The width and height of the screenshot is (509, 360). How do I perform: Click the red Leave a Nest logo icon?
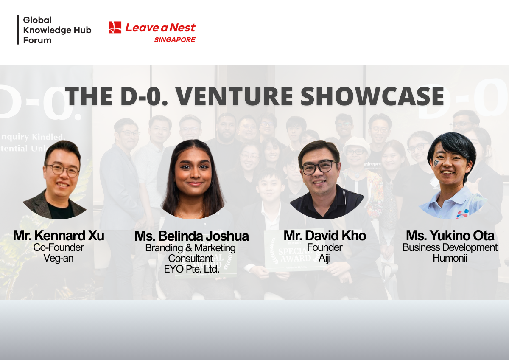[115, 28]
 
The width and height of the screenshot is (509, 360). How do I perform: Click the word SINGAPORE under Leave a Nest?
[174, 40]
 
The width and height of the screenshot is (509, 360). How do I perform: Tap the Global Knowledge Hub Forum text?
[57, 30]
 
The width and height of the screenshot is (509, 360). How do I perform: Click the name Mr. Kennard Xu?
[59, 236]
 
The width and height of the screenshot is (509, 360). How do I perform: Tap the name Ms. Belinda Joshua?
[191, 236]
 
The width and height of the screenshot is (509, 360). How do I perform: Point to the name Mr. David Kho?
[324, 236]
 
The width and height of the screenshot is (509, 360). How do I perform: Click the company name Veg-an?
[59, 258]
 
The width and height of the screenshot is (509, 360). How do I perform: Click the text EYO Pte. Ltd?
[191, 269]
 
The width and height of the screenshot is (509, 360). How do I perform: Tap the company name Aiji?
[324, 258]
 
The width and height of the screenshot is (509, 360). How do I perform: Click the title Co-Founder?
[59, 247]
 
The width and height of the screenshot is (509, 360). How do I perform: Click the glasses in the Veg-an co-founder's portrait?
[63, 169]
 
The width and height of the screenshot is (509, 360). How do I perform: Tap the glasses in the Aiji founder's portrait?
[318, 167]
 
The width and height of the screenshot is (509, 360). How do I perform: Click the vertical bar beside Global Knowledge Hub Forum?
[18, 30]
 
